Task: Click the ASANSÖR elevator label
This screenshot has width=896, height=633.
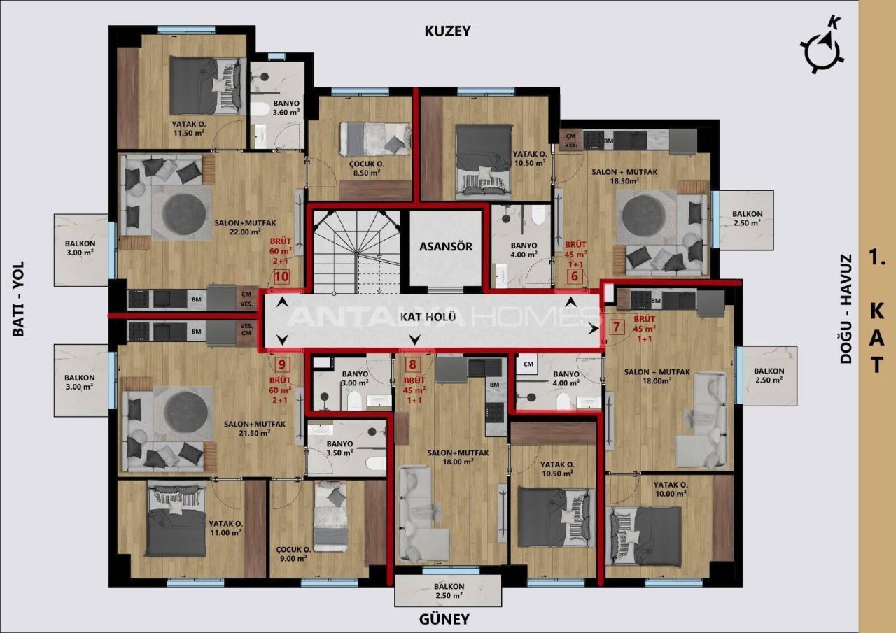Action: pos(446,246)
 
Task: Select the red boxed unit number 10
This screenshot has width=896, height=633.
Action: pos(281,276)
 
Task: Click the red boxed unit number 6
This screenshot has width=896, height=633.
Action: pos(575,276)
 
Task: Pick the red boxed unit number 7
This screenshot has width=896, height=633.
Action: pos(617,327)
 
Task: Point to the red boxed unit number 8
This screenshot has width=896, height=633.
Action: pos(413,364)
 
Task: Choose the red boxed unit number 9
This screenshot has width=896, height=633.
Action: pos(281,364)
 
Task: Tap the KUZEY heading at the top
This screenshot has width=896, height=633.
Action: pos(447,31)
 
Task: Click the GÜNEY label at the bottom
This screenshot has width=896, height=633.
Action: pos(444,619)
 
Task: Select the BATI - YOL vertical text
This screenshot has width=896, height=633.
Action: pos(19,299)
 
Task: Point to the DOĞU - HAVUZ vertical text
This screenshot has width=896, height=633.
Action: pos(846,308)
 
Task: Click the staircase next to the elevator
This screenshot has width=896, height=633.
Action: pos(355,249)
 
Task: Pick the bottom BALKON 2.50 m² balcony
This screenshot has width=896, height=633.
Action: pos(448,591)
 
